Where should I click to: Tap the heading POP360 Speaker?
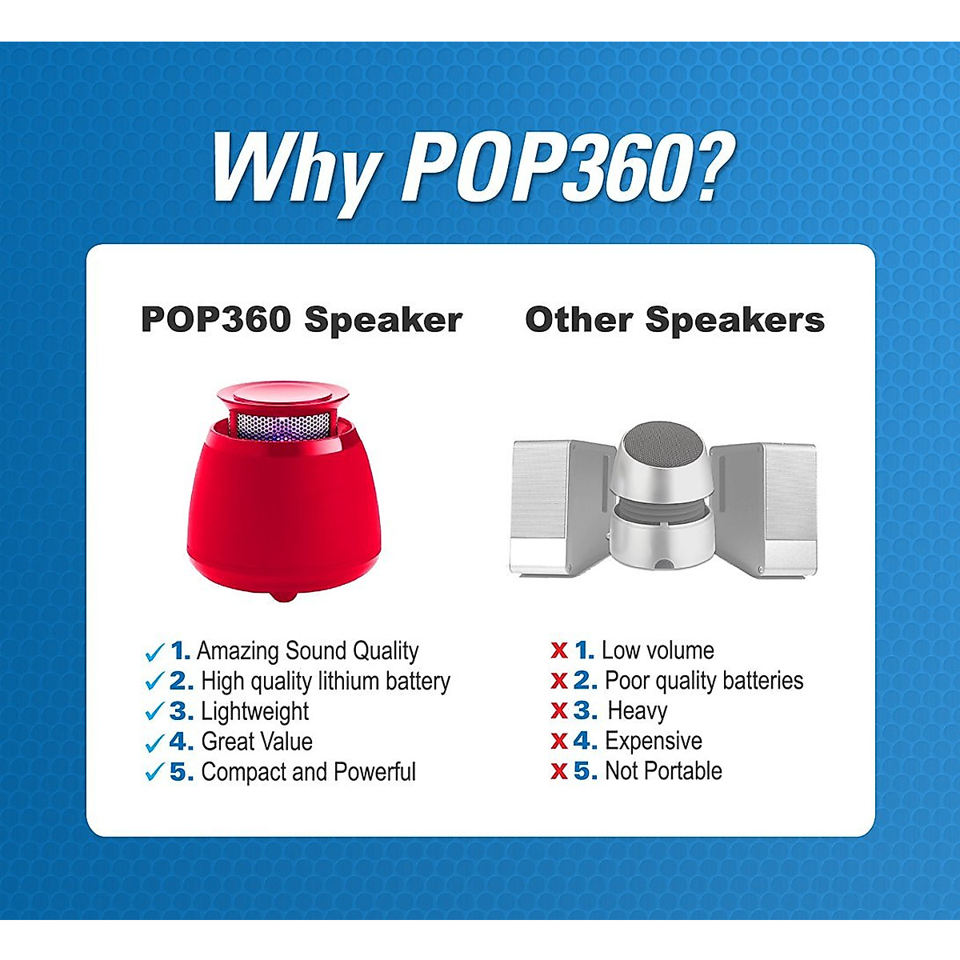[302, 320]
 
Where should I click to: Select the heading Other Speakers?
[674, 320]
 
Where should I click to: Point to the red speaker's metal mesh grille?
[283, 426]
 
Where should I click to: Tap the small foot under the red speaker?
[283, 596]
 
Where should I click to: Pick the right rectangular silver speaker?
[764, 510]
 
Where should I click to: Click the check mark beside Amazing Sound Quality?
[154, 652]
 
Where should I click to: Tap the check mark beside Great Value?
[154, 743]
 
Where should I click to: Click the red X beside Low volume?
[559, 650]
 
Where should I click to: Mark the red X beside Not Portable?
[559, 772]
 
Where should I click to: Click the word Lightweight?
[254, 712]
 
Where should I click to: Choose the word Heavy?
[637, 711]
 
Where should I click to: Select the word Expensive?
[654, 742]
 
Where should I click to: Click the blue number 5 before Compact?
[178, 772]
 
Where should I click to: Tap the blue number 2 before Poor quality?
[582, 681]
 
